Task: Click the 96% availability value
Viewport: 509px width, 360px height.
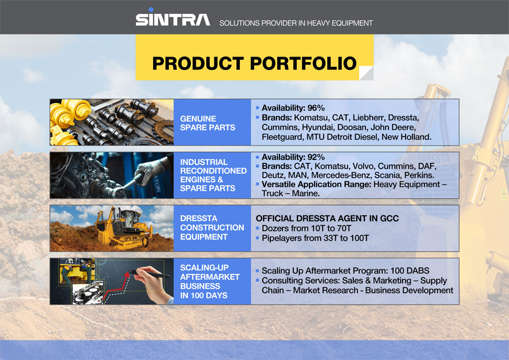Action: tap(316, 107)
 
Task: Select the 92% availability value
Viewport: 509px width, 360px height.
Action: tap(316, 157)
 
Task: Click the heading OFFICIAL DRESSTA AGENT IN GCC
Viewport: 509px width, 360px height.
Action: tap(327, 218)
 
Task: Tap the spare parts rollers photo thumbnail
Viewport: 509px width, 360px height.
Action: tap(111, 122)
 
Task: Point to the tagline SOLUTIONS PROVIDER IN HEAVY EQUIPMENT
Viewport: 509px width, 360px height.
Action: tap(296, 23)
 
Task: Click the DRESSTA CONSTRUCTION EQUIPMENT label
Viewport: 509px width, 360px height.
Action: tap(212, 227)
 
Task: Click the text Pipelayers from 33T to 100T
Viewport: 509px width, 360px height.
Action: tap(315, 238)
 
